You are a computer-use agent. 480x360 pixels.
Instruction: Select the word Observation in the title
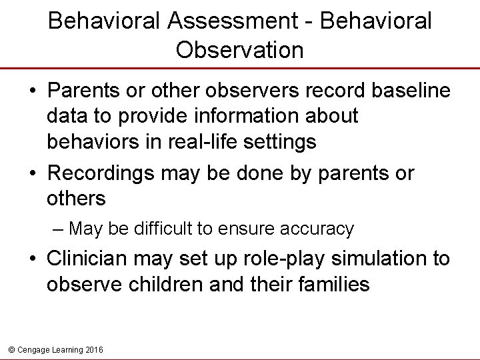[x=239, y=49]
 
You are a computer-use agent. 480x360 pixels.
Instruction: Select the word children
[x=164, y=285]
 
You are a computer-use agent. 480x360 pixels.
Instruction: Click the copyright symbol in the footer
[x=9, y=349]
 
